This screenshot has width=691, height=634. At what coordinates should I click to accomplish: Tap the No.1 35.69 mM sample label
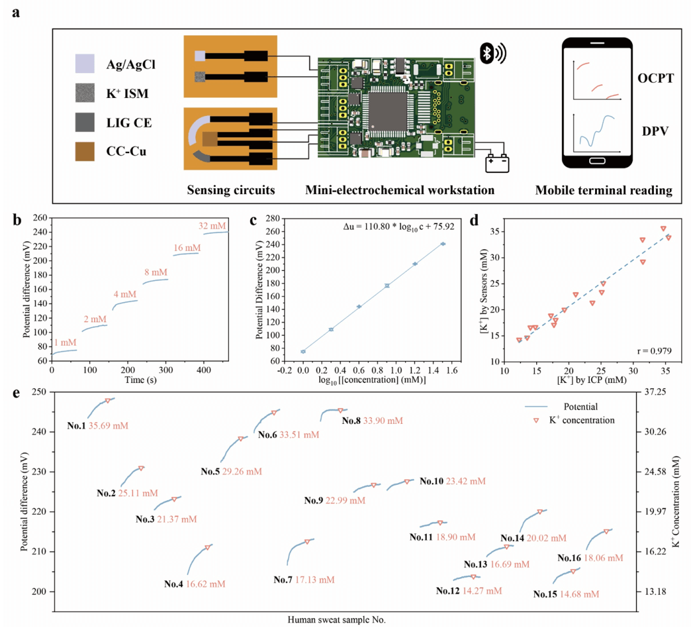coord(97,425)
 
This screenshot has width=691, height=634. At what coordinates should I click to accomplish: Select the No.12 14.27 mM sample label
coord(470,590)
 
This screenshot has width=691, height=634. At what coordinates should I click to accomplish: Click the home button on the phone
coord(597,161)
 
